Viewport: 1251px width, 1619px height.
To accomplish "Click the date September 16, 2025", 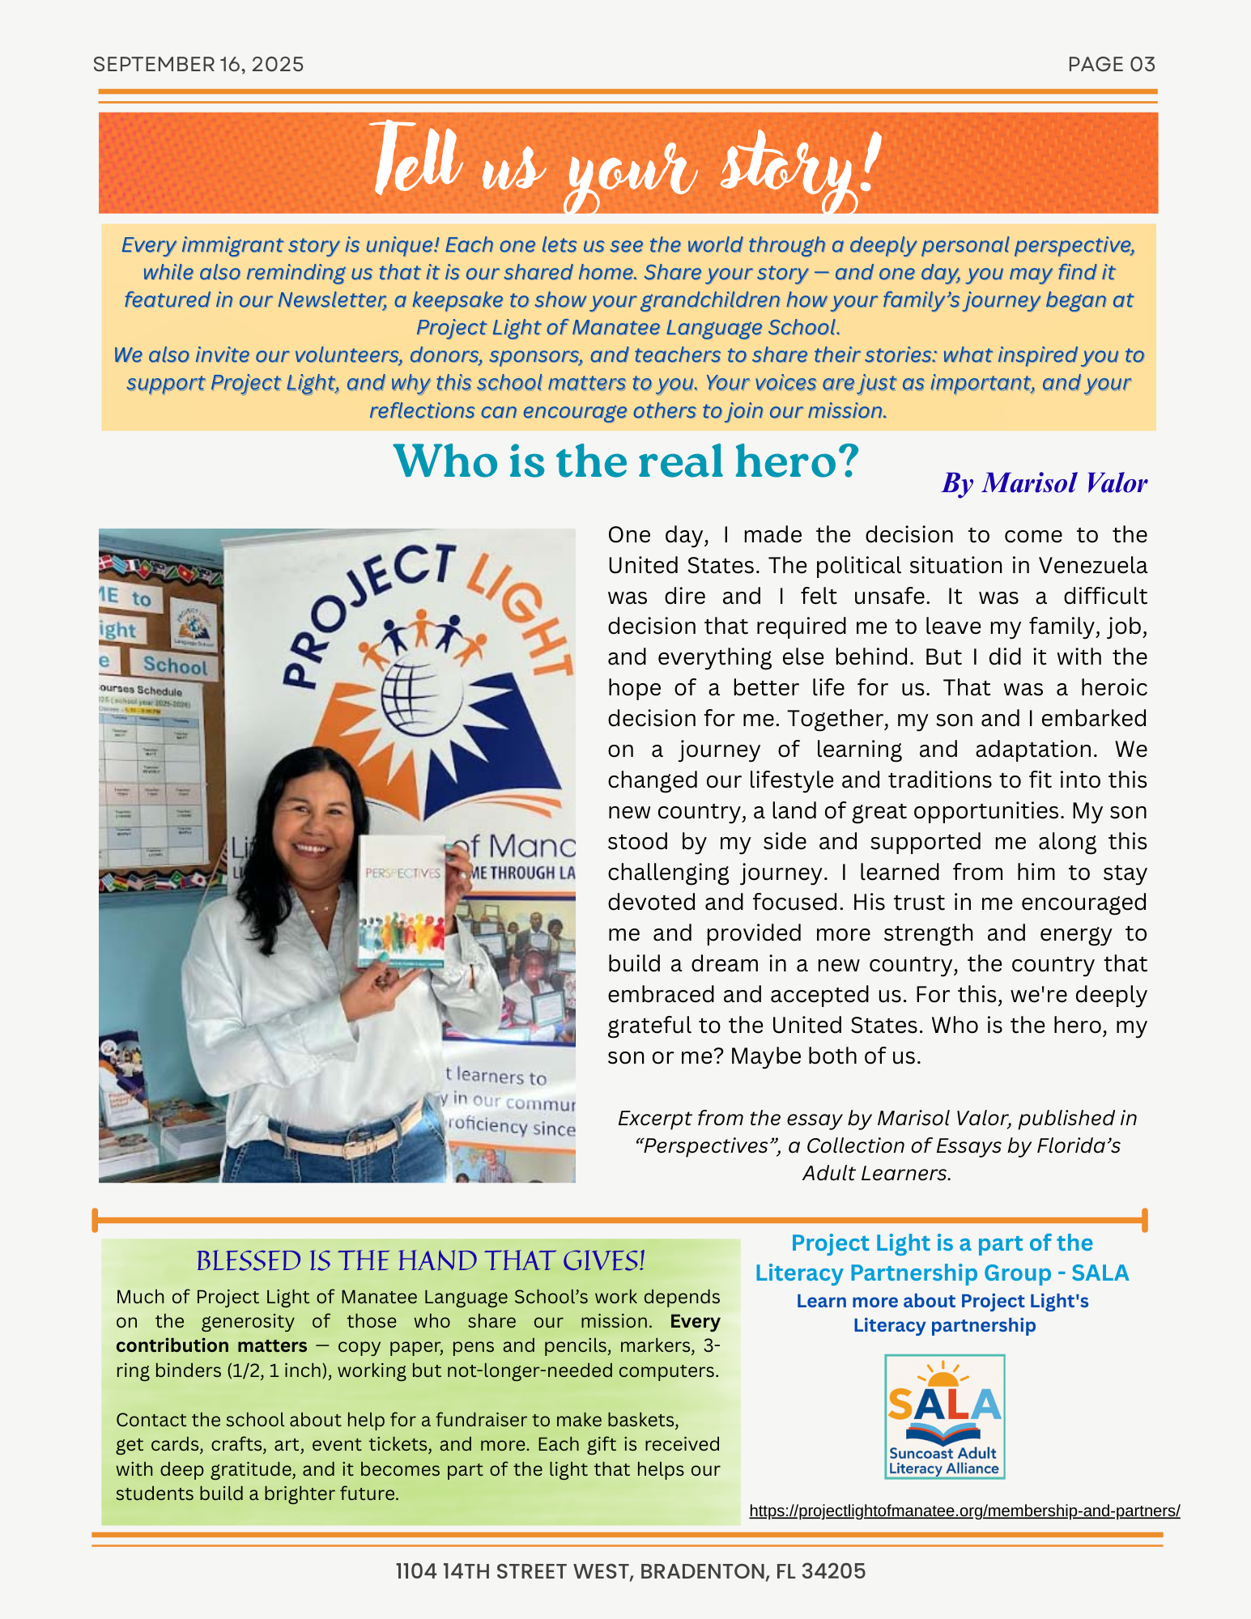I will pyautogui.click(x=198, y=65).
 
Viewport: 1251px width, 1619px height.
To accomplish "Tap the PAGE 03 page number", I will pyautogui.click(x=1111, y=65).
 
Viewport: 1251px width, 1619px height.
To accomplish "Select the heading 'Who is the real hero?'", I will pyautogui.click(x=625, y=462).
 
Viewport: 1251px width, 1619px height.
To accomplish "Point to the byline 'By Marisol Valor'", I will pyautogui.click(x=1044, y=483).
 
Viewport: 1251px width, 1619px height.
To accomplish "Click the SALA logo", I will pyautogui.click(x=944, y=1416).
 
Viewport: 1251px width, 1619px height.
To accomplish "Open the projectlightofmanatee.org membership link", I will pyautogui.click(x=964, y=1511).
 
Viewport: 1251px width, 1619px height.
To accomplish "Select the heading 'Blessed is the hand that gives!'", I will pyautogui.click(x=420, y=1261).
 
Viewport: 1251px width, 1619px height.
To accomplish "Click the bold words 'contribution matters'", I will pyautogui.click(x=211, y=1345).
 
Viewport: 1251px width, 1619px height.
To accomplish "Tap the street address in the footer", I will pyautogui.click(x=630, y=1571).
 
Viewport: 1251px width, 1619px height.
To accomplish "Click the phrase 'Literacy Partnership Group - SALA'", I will pyautogui.click(x=942, y=1273).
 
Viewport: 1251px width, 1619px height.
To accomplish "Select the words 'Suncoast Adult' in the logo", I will pyautogui.click(x=943, y=1453).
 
